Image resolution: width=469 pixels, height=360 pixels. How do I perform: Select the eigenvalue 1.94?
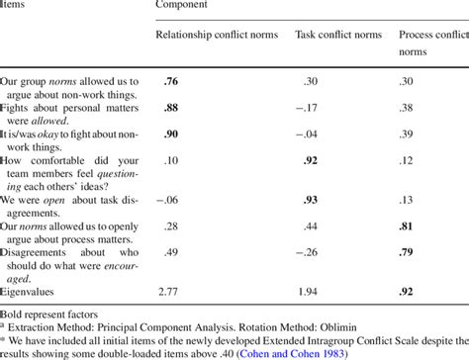click(x=309, y=293)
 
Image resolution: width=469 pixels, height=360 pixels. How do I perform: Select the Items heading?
click(x=15, y=6)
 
